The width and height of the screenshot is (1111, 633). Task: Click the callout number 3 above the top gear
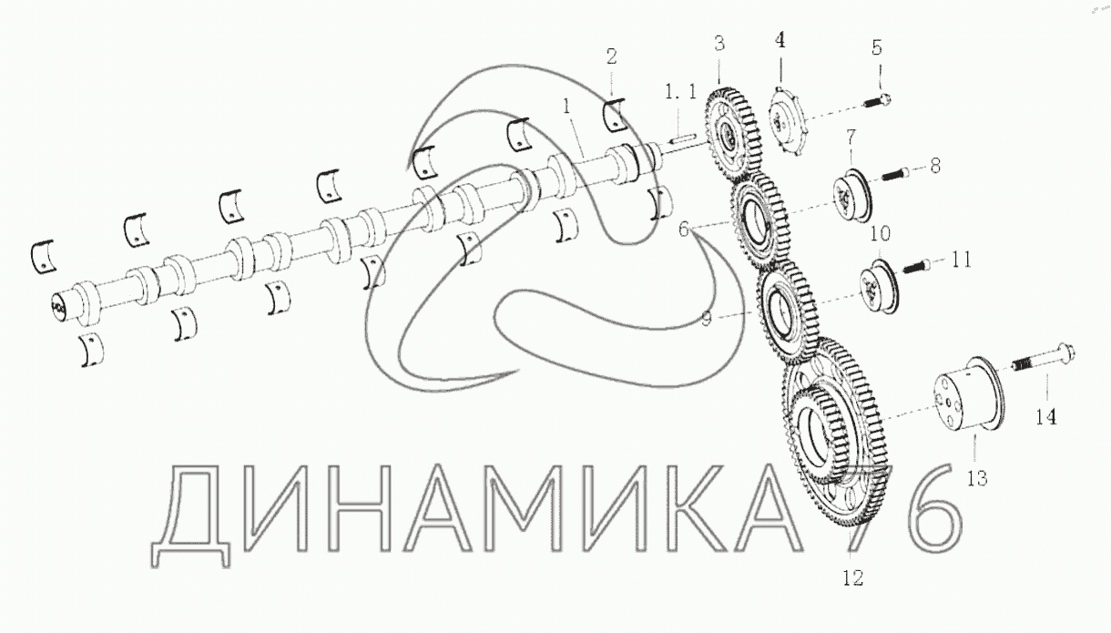(719, 43)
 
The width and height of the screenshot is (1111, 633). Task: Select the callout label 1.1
(680, 91)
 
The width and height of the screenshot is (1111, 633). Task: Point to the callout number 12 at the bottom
(853, 577)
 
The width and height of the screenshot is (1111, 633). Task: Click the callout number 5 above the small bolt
(877, 47)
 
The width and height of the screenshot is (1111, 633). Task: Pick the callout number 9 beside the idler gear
(707, 319)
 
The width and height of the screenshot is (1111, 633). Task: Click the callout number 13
(977, 478)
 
